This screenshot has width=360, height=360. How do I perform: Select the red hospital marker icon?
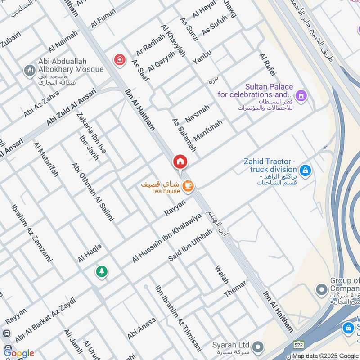click(x=119, y=59)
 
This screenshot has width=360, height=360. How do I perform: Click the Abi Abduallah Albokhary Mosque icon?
click(x=30, y=71)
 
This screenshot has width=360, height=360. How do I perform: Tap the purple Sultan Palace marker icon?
click(x=301, y=95)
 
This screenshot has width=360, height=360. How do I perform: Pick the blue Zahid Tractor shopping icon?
click(x=305, y=171)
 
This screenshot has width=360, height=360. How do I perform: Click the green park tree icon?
click(x=101, y=271)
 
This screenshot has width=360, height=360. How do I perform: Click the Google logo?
click(x=19, y=353)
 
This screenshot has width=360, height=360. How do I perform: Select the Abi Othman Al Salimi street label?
click(x=93, y=191)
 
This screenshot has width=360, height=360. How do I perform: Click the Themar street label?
click(x=235, y=288)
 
